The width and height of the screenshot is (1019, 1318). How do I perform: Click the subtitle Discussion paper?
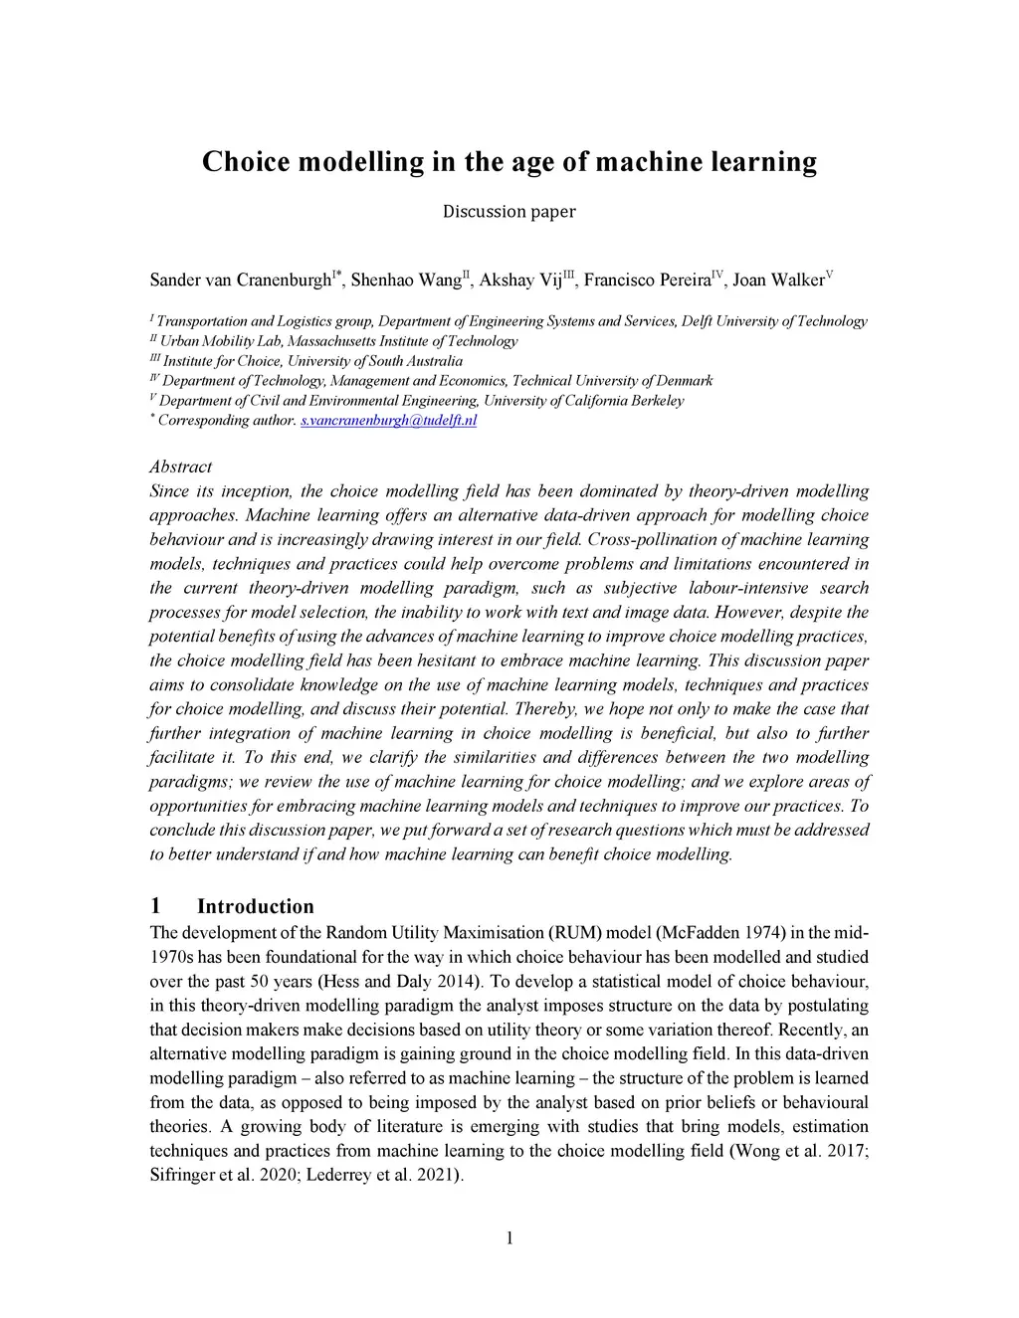(509, 211)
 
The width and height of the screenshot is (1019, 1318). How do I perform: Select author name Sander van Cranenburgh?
(239, 280)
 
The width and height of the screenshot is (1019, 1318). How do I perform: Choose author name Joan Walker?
(778, 280)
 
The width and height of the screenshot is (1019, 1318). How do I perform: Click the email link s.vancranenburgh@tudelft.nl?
(388, 421)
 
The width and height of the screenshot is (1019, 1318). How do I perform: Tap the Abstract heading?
(180, 467)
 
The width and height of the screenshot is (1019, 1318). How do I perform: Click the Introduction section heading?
(255, 906)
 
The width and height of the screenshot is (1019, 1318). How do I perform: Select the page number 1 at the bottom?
(509, 1237)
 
